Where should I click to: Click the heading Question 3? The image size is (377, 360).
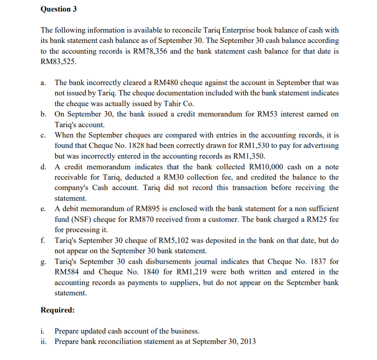(59, 9)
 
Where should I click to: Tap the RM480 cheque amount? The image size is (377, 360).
(165, 83)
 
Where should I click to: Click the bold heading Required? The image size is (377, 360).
(58, 310)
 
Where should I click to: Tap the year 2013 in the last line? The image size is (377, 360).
(248, 341)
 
